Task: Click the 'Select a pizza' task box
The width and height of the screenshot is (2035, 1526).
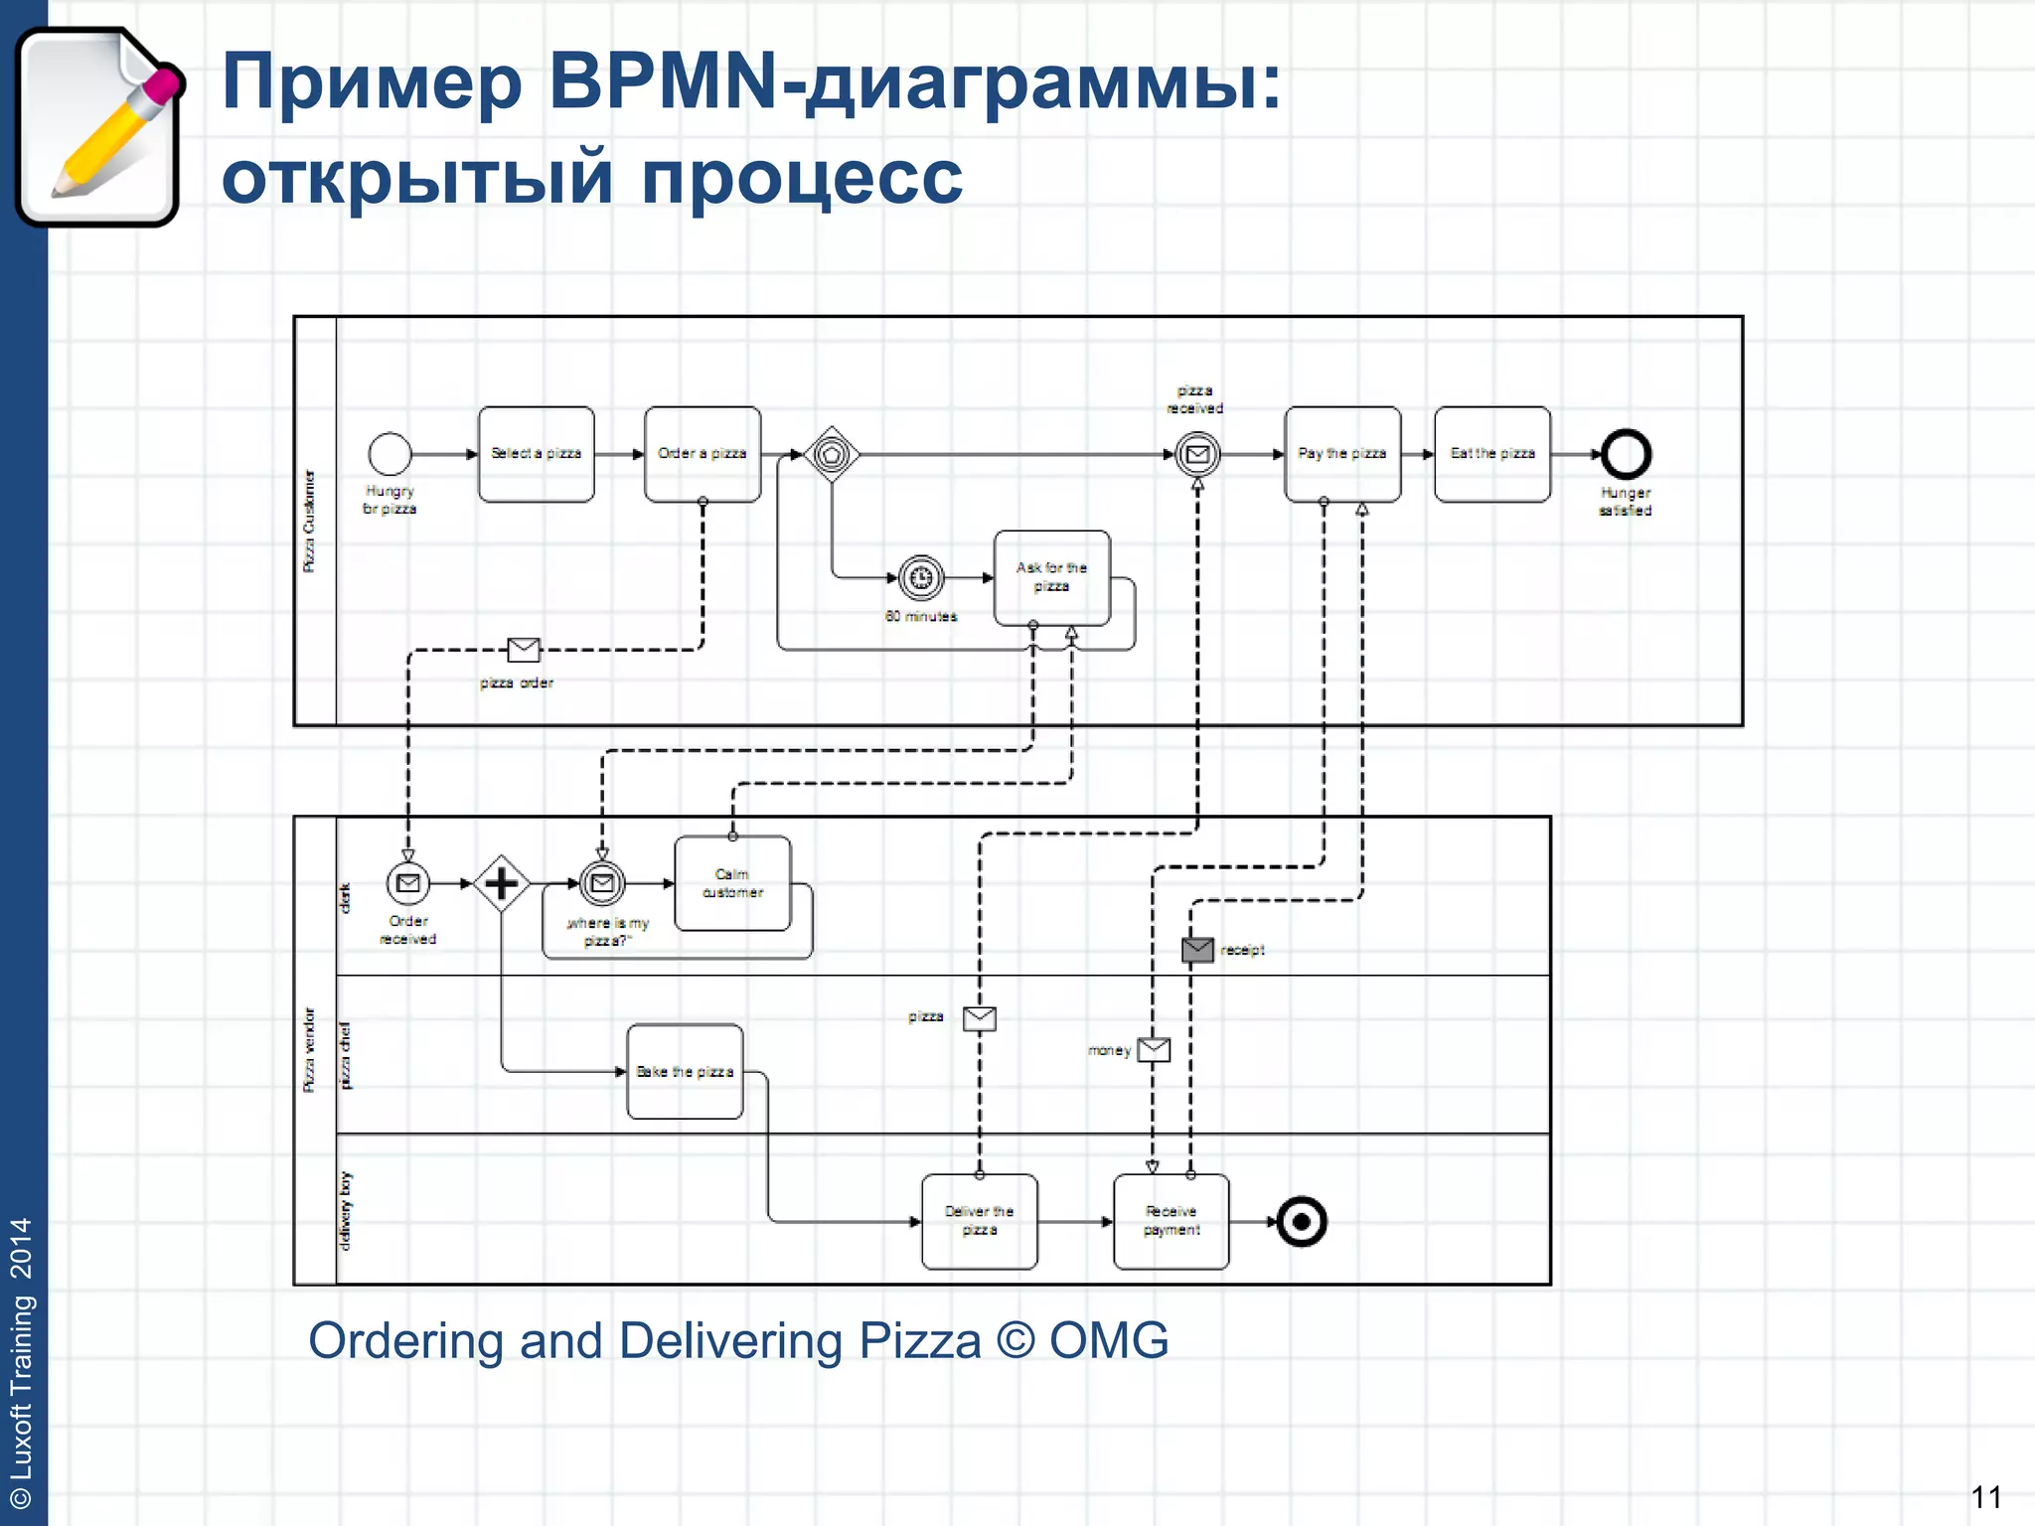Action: click(x=536, y=454)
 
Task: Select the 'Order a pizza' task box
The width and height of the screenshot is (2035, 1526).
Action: click(x=702, y=454)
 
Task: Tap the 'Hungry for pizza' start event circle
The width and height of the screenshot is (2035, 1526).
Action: click(x=390, y=454)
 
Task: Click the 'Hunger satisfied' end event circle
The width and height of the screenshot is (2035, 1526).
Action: click(x=1626, y=454)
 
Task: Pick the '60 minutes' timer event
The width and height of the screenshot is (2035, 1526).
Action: click(x=921, y=577)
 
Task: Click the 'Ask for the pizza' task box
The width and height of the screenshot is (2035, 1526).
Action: click(x=1051, y=577)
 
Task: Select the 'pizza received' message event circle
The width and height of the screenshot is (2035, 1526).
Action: click(x=1197, y=454)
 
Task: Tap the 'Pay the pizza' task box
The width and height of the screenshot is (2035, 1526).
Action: click(x=1341, y=454)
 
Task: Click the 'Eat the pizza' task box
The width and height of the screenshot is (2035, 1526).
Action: click(x=1491, y=454)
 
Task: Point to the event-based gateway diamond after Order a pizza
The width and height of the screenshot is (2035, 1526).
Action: click(x=832, y=454)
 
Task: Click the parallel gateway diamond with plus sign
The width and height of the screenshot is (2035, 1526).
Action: click(x=501, y=883)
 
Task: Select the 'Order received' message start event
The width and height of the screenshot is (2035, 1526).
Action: click(x=407, y=883)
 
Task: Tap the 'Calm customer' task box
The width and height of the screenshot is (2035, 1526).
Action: click(x=732, y=883)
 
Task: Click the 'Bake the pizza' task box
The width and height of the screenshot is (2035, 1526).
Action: click(x=685, y=1071)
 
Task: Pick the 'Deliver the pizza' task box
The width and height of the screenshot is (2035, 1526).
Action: click(x=979, y=1221)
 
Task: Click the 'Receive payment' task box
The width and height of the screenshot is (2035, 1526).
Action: click(x=1171, y=1221)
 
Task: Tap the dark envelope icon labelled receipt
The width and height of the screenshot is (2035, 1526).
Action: click(x=1197, y=950)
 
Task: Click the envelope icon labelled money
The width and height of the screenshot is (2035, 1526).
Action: click(x=1154, y=1049)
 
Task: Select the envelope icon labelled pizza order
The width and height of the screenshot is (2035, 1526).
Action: click(x=524, y=650)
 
